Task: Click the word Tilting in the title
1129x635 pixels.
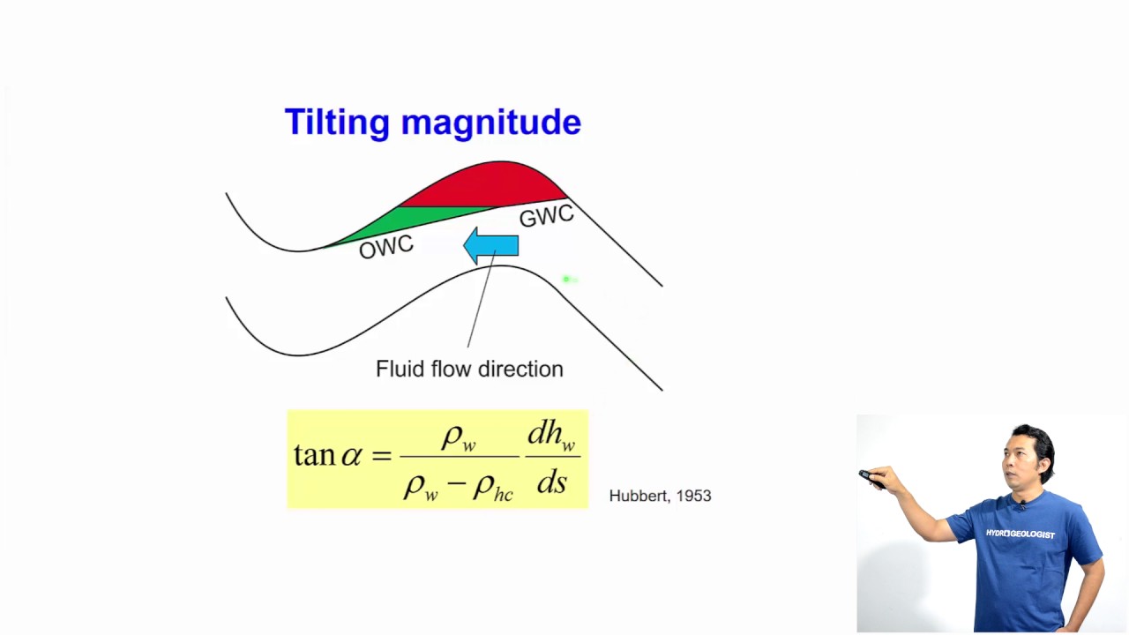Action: pyautogui.click(x=337, y=123)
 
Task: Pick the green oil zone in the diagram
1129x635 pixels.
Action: pyautogui.click(x=401, y=220)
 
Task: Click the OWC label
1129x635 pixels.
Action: pyautogui.click(x=385, y=248)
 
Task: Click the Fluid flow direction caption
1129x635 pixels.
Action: pyautogui.click(x=469, y=369)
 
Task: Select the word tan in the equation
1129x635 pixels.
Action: pyautogui.click(x=314, y=455)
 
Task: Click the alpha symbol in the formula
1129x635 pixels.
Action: pyautogui.click(x=351, y=456)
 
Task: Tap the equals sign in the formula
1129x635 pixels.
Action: pyautogui.click(x=381, y=456)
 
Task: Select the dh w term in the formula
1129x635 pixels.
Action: pyautogui.click(x=551, y=435)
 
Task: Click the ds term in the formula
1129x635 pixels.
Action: pyautogui.click(x=551, y=482)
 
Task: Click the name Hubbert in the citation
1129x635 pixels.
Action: pyautogui.click(x=638, y=496)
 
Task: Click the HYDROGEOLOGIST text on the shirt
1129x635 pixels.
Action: pyautogui.click(x=1020, y=534)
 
